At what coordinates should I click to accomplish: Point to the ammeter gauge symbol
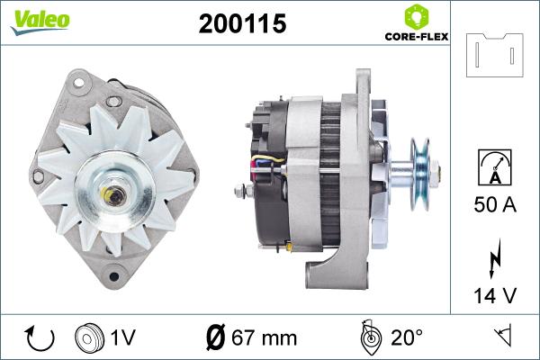pos(495,167)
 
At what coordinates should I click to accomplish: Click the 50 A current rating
pos(495,205)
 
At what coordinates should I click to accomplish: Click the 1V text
pos(123,338)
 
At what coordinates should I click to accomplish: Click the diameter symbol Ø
pos(215,338)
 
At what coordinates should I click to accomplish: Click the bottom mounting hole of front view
pos(114,275)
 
